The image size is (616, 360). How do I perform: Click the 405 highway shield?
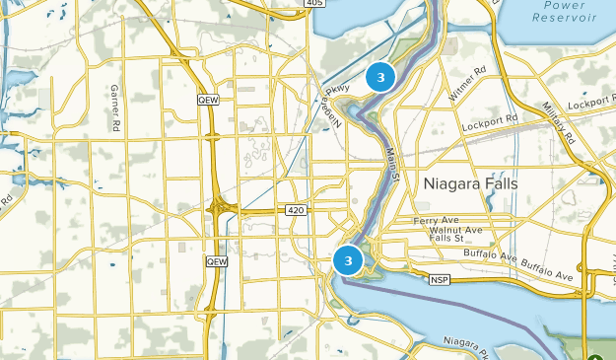click(x=314, y=4)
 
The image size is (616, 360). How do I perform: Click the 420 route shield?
click(x=296, y=210)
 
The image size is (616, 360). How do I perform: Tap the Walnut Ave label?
click(x=456, y=230)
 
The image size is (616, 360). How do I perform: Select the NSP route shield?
click(x=439, y=280)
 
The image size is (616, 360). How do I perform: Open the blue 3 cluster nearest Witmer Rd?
click(x=380, y=76)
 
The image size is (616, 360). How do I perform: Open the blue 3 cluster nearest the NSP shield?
click(x=348, y=259)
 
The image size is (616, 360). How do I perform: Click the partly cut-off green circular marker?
click(x=597, y=354)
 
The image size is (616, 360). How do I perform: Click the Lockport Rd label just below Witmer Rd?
click(x=490, y=119)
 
